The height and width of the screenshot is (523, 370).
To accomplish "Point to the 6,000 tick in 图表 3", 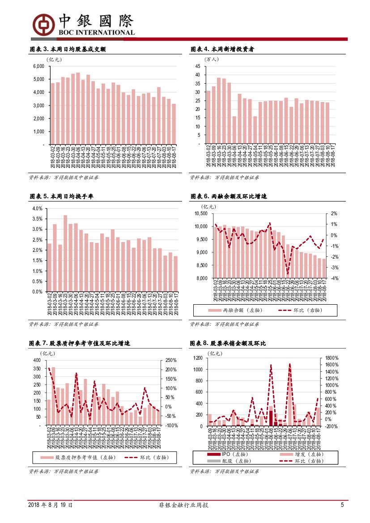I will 39,66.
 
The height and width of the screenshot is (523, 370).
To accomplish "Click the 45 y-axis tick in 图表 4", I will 197,66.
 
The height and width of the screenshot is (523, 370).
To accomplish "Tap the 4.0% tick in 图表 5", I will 37,208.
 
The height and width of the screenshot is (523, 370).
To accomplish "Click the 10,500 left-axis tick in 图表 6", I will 201,213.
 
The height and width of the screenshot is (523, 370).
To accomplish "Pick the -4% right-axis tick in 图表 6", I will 334,278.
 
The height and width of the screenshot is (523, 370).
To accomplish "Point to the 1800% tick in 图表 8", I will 332,358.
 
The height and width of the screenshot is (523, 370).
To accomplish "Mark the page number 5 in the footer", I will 342,505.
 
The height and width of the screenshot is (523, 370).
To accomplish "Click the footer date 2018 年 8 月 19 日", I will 51,505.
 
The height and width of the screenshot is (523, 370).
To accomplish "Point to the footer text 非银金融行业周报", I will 184,505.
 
